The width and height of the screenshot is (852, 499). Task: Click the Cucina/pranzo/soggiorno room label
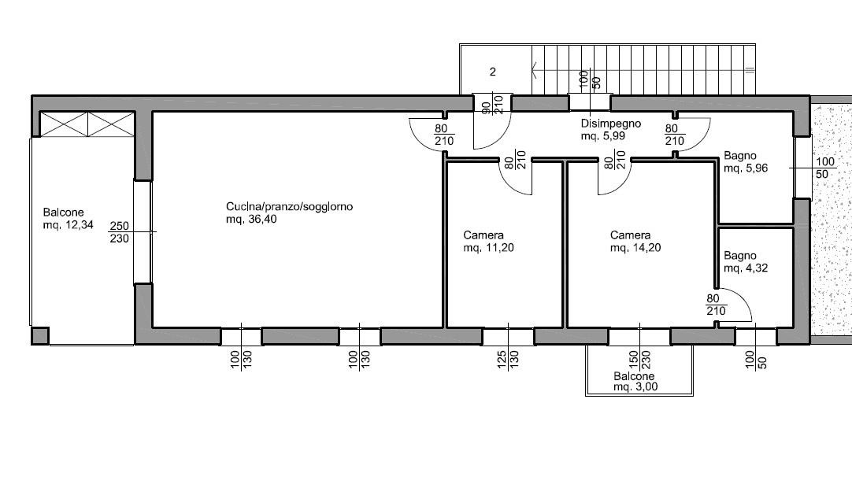click(289, 206)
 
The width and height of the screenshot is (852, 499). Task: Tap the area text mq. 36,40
click(251, 220)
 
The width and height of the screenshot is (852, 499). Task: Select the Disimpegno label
click(611, 124)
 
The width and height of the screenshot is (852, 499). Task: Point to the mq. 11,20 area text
click(488, 248)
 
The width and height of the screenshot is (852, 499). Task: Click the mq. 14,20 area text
click(635, 248)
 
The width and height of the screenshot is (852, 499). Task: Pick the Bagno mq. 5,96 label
click(746, 162)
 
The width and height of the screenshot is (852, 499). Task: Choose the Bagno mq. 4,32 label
click(746, 262)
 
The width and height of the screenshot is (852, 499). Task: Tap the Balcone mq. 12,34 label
click(68, 218)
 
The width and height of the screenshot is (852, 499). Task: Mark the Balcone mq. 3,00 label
click(635, 381)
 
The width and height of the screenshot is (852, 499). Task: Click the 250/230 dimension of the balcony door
click(120, 232)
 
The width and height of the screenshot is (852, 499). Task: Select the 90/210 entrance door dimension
click(493, 104)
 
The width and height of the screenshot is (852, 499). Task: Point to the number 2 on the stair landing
click(493, 72)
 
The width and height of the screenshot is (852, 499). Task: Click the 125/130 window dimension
click(508, 360)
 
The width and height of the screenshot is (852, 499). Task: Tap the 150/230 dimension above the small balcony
click(639, 360)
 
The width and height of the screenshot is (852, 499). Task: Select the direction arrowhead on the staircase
click(535, 69)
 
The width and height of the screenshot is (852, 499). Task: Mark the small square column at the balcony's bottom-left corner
click(40, 336)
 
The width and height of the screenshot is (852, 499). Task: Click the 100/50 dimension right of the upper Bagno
click(825, 168)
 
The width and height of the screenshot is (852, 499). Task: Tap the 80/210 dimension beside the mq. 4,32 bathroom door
click(716, 305)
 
